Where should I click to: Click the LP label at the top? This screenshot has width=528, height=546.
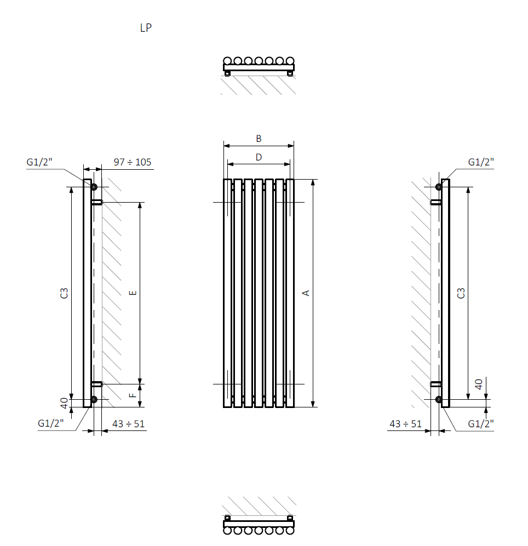[146, 28]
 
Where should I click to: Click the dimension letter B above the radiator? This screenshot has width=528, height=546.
[259, 139]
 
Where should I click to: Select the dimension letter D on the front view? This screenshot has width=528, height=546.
[259, 157]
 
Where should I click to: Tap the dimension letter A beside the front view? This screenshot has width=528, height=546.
[306, 293]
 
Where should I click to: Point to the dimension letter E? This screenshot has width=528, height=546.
[133, 293]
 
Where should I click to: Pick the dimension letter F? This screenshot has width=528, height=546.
[133, 395]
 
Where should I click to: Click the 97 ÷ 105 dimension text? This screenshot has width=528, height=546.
[133, 162]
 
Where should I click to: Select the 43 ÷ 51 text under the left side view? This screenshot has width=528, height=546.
[128, 424]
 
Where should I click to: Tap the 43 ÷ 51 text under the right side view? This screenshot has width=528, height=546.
[405, 424]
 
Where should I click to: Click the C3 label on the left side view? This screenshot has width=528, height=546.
[64, 293]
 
